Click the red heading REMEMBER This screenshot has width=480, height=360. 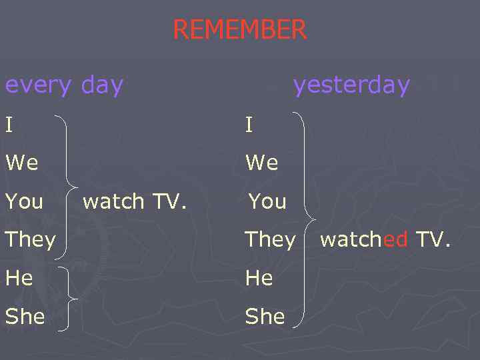click(x=239, y=30)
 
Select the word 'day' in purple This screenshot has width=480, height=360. click(x=102, y=85)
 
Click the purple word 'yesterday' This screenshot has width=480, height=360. click(x=351, y=85)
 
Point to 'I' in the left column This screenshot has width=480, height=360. click(x=8, y=124)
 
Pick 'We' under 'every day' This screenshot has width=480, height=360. click(x=22, y=162)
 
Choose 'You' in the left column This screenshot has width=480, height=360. click(x=24, y=201)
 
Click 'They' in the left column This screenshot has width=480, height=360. click(x=30, y=239)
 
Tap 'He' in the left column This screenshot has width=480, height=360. click(x=19, y=277)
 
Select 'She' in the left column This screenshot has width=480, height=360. click(x=25, y=316)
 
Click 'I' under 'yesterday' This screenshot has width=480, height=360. click(x=249, y=124)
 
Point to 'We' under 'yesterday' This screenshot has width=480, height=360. click(x=262, y=162)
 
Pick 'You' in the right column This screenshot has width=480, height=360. click(x=267, y=201)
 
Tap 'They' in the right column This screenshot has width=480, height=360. click(x=270, y=239)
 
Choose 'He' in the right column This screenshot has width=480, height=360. click(x=259, y=277)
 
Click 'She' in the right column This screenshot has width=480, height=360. click(x=265, y=316)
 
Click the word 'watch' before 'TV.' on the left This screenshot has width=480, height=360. click(x=113, y=201)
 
